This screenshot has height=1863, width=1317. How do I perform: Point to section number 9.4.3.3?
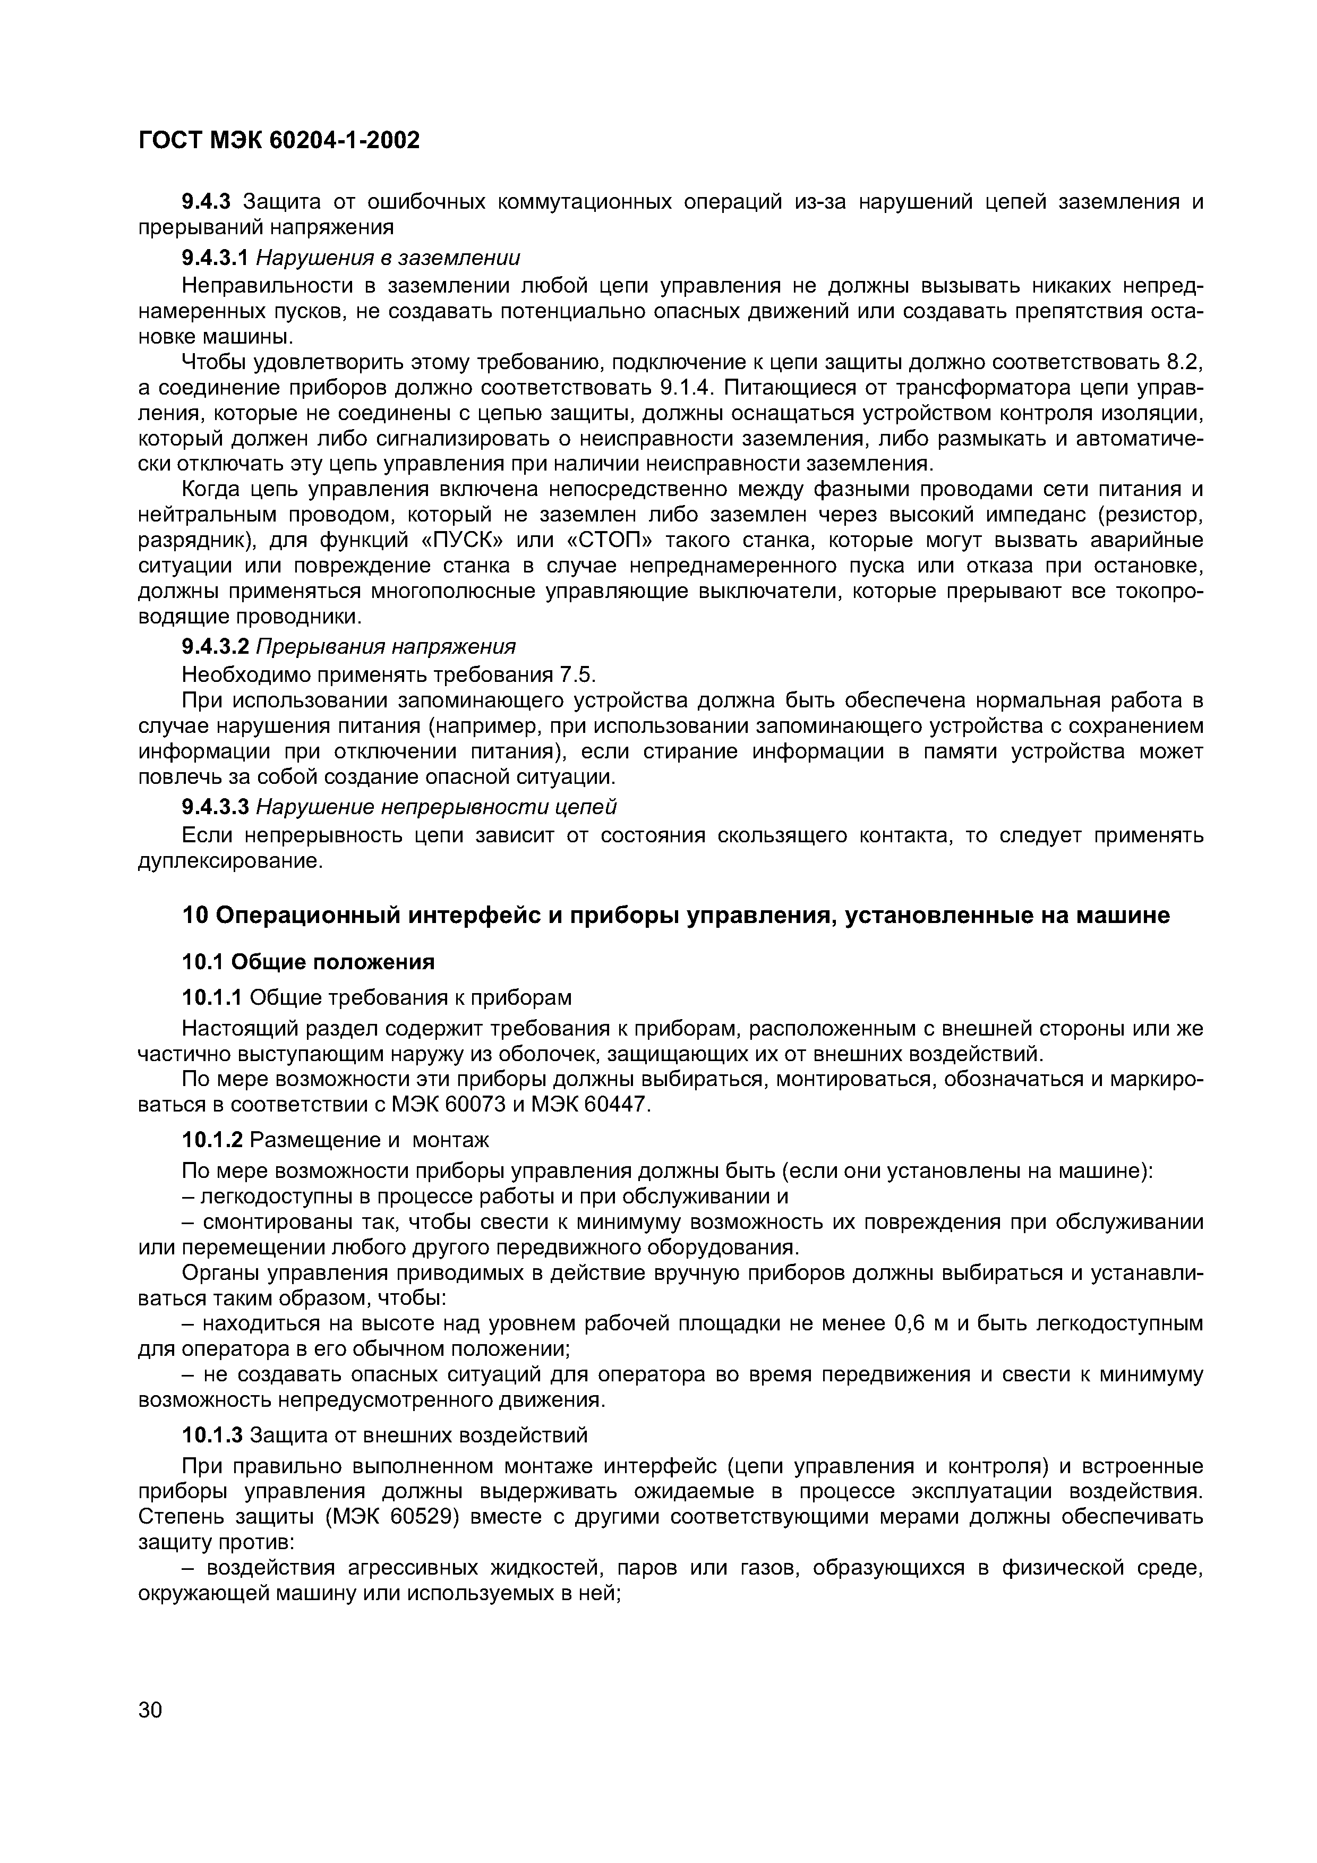click(214, 807)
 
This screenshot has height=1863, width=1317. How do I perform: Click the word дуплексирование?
click(230, 860)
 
